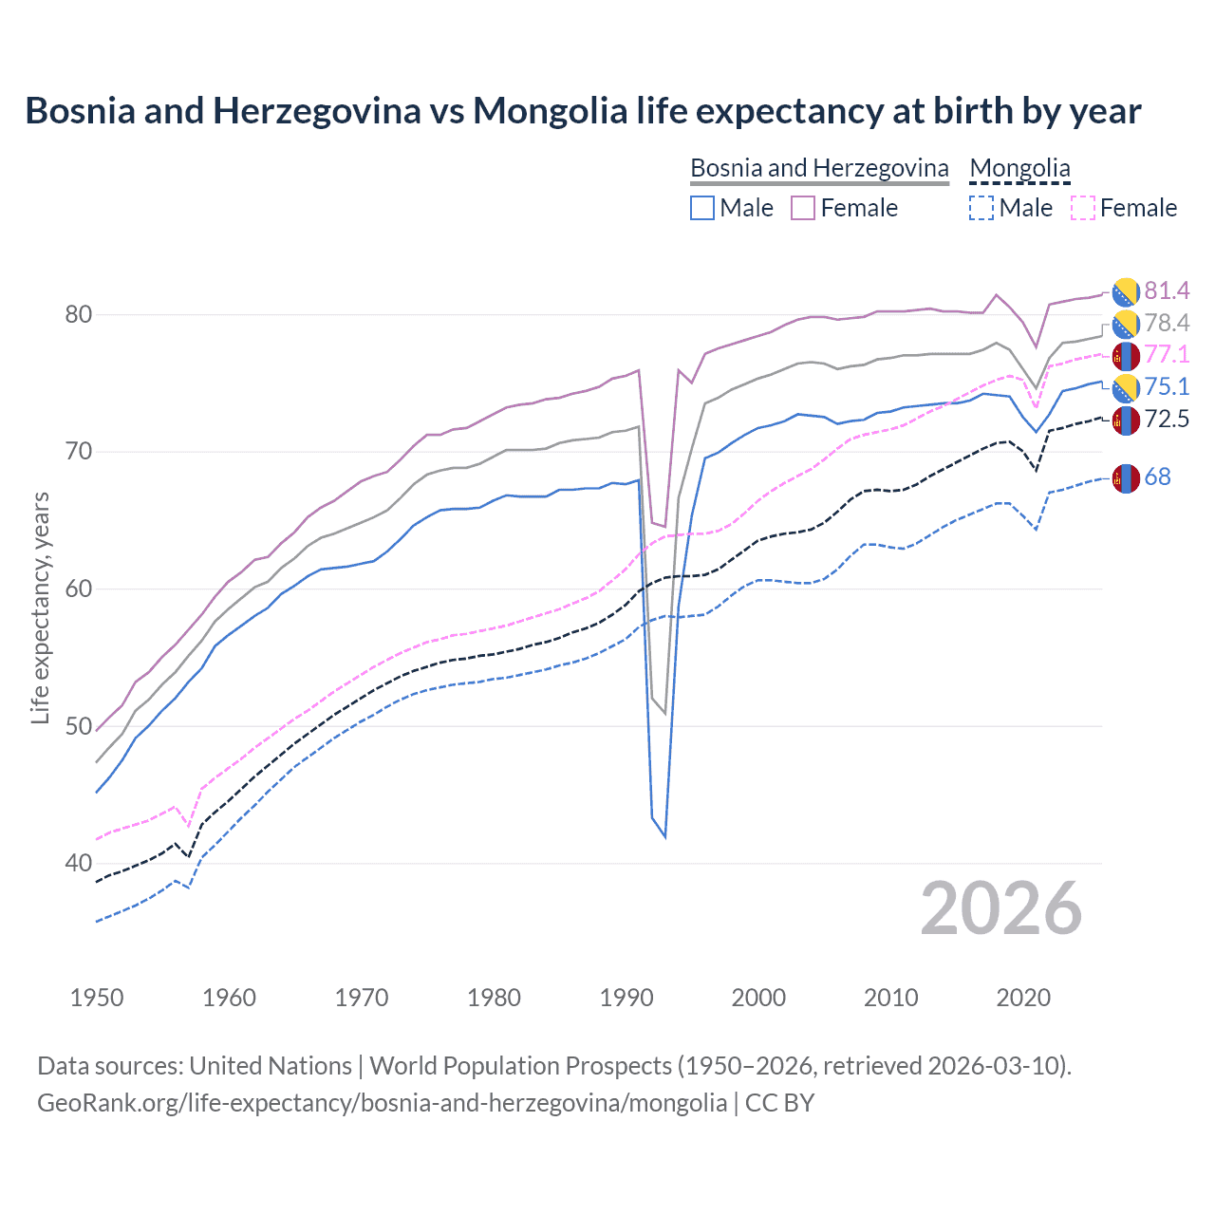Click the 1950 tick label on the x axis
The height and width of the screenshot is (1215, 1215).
tap(97, 998)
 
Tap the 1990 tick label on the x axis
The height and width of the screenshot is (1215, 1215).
tap(626, 998)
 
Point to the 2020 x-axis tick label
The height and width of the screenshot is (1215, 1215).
tap(1023, 998)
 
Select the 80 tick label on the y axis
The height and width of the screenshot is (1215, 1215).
tap(78, 315)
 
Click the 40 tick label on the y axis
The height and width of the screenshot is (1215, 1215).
tap(78, 864)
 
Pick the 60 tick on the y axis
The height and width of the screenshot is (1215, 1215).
tap(78, 589)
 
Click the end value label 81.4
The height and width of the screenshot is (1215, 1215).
tap(1167, 290)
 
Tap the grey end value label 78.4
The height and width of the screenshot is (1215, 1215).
tap(1167, 324)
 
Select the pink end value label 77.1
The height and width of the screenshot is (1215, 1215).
tap(1167, 355)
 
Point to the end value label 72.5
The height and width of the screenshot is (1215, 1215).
tap(1167, 420)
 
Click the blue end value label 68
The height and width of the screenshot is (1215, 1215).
tap(1157, 477)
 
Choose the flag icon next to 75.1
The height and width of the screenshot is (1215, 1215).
tap(1126, 387)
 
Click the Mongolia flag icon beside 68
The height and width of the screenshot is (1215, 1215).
tap(1126, 478)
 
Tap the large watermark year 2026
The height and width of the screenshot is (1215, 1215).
tap(1000, 908)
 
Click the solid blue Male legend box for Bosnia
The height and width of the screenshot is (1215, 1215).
tap(702, 208)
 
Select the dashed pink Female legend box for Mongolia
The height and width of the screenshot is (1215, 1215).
tap(1083, 208)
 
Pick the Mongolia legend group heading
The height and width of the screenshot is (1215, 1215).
tap(1019, 168)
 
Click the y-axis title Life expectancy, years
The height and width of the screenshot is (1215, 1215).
tap(41, 607)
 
